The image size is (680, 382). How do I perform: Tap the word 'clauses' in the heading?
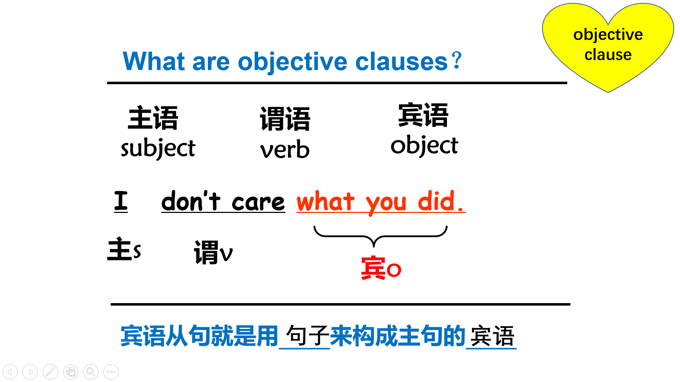401,62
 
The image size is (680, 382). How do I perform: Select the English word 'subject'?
158,148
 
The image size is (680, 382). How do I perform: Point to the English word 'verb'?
285,149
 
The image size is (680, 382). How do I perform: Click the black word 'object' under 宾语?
424,145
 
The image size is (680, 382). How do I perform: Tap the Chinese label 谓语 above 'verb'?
285,119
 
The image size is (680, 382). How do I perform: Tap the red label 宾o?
381,268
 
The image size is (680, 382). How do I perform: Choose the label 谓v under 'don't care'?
213,252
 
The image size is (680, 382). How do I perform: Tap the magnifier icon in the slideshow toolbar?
91,372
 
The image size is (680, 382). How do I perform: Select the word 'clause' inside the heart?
608,55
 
